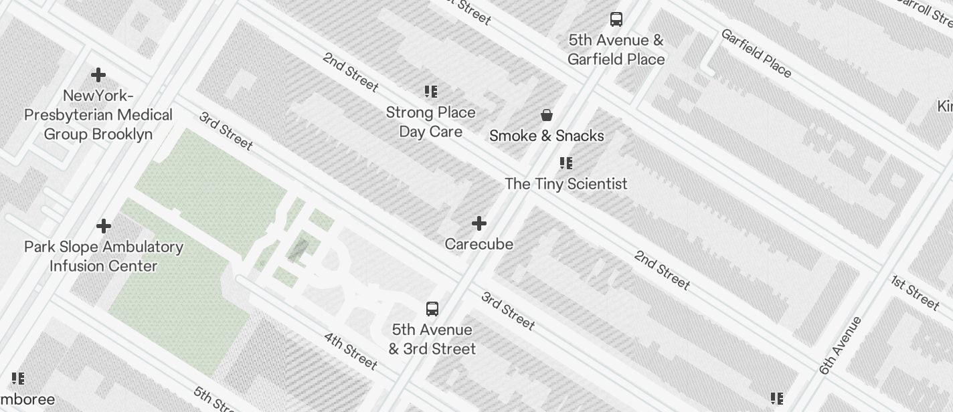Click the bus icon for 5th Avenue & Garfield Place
[616, 19]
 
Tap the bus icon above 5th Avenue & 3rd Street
[432, 309]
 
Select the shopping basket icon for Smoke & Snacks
[547, 116]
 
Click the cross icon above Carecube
[479, 223]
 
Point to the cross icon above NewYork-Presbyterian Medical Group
[98, 74]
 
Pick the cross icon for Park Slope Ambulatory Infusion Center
[104, 226]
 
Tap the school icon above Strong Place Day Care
[431, 92]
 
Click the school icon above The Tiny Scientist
[566, 163]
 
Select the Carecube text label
[479, 244]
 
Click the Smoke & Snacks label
[547, 136]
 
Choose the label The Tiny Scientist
[566, 184]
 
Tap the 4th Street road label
[351, 350]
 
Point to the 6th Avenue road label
[840, 345]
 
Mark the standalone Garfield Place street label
[756, 52]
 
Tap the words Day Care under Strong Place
[431, 132]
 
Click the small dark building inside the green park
[298, 249]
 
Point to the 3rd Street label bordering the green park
[226, 130]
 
